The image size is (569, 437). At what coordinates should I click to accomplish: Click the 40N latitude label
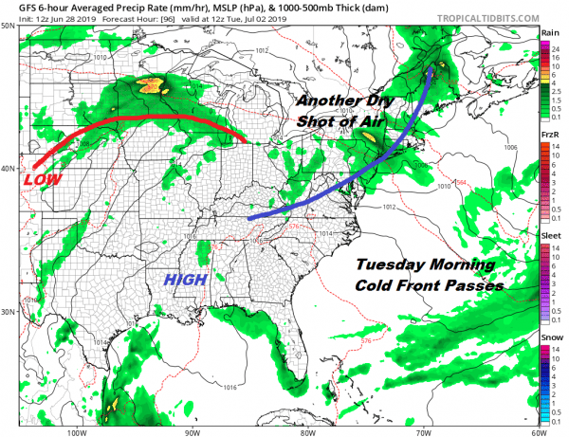tap(8, 169)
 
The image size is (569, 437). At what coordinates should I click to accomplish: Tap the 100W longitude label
tap(78, 428)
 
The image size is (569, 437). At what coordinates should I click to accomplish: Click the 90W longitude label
tap(193, 428)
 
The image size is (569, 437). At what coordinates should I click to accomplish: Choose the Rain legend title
tap(548, 33)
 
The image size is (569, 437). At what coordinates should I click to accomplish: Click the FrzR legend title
tap(548, 136)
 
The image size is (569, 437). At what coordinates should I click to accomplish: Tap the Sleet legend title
tap(548, 236)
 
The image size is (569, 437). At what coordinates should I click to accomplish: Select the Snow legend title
tap(548, 337)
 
